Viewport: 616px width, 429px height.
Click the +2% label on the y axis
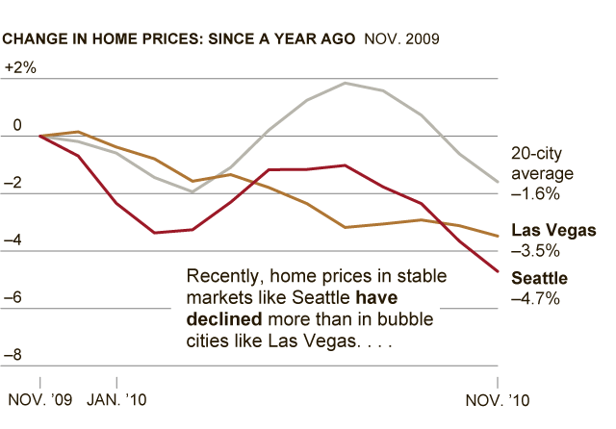(x=20, y=68)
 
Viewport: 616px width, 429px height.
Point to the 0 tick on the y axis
(x=16, y=126)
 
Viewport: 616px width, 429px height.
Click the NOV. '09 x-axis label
(x=39, y=398)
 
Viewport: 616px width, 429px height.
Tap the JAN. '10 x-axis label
(x=117, y=398)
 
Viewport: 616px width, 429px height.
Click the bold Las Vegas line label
(x=553, y=231)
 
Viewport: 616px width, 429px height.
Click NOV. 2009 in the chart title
(x=401, y=39)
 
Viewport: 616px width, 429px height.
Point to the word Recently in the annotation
(x=219, y=276)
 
